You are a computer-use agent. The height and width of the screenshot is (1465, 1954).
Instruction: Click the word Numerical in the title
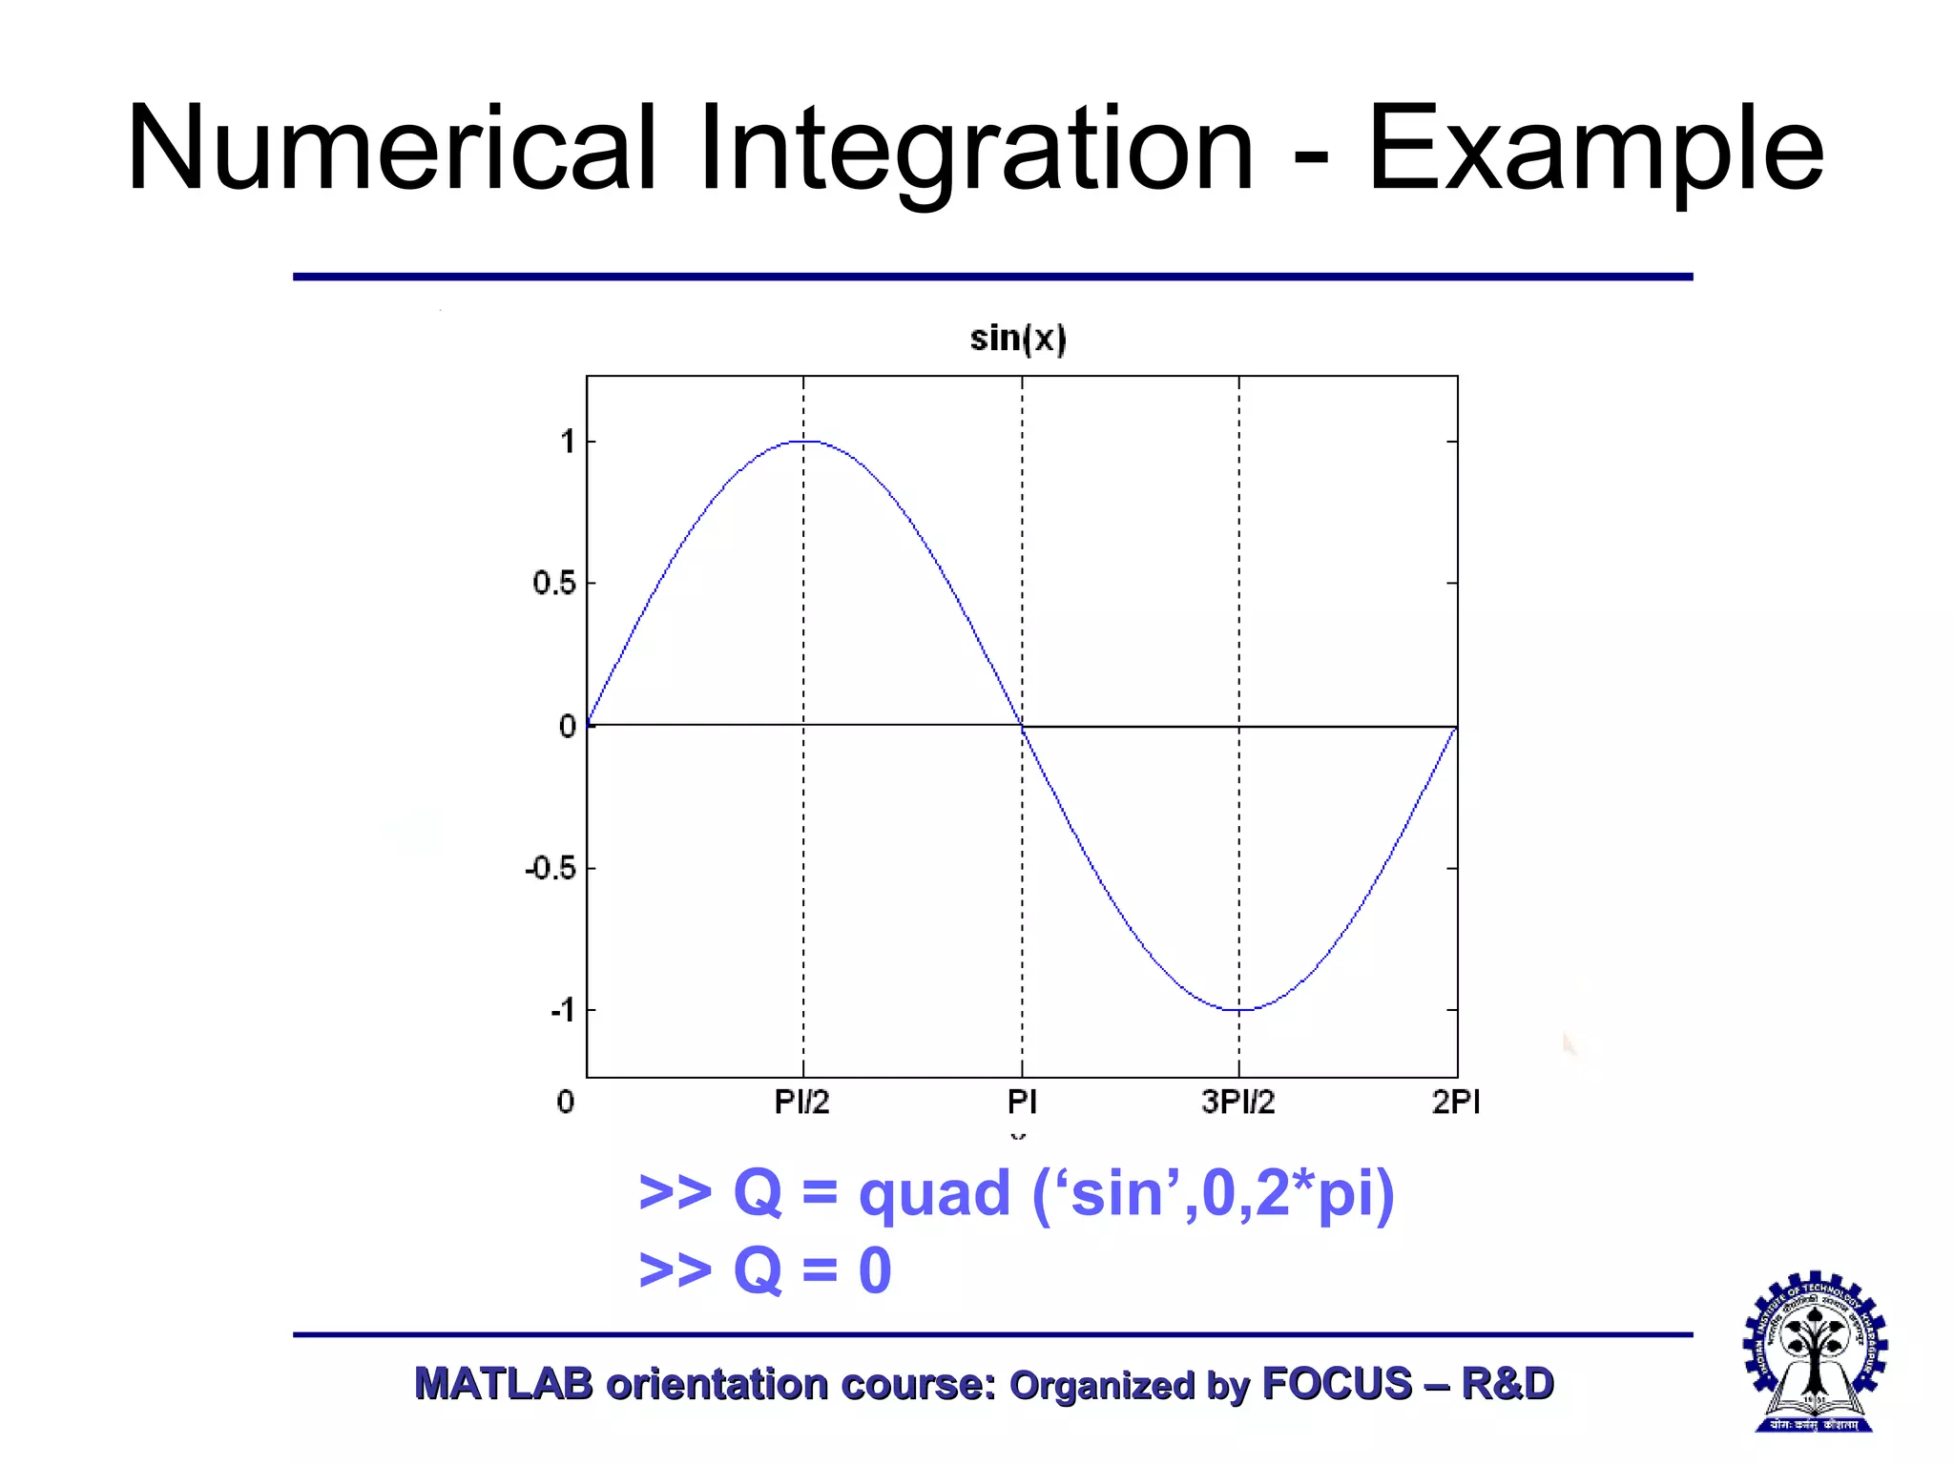(x=391, y=149)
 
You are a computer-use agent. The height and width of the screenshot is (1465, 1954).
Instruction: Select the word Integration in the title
(x=975, y=153)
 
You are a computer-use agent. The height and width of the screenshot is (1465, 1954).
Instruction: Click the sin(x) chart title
(x=1018, y=339)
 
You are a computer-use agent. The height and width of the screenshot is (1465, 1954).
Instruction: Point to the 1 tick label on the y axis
(x=568, y=442)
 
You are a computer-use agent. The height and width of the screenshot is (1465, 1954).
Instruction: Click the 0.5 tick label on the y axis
(x=553, y=583)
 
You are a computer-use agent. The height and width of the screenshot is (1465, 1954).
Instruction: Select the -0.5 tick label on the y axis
(x=551, y=869)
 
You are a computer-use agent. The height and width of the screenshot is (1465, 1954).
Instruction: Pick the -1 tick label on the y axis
(x=563, y=1010)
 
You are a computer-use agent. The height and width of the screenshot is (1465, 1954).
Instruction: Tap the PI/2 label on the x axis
(x=801, y=1103)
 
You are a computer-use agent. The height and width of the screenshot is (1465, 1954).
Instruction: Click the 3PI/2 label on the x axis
(x=1237, y=1103)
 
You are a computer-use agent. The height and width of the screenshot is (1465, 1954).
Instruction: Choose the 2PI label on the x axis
(x=1455, y=1103)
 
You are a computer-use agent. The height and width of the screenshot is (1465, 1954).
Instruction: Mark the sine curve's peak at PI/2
(x=803, y=442)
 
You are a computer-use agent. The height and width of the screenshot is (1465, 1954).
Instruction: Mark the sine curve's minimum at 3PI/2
(x=1239, y=1009)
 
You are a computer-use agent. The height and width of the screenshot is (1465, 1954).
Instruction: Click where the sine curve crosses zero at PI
(x=1022, y=726)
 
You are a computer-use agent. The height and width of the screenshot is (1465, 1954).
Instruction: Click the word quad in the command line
(x=934, y=1195)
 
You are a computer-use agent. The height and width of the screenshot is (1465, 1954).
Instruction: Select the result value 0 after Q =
(x=875, y=1270)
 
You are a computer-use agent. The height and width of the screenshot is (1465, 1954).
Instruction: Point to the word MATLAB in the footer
(x=503, y=1384)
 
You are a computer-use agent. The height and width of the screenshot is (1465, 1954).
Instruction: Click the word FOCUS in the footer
(x=1336, y=1384)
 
